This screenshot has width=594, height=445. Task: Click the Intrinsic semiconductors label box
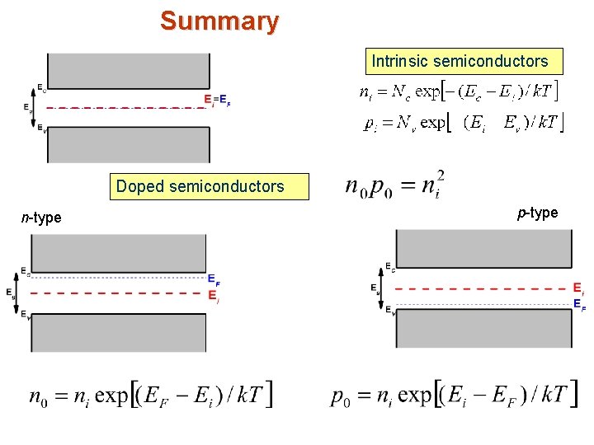point(460,61)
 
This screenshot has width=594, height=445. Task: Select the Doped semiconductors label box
point(200,186)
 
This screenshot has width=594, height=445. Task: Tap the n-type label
point(41,218)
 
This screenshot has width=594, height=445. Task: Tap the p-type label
point(537,213)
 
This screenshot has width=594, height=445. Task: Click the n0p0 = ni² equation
point(395,185)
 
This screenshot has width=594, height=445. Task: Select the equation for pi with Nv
point(462,123)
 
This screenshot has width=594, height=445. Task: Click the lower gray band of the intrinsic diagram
point(129,145)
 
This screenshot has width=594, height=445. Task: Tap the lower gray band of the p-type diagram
point(483,329)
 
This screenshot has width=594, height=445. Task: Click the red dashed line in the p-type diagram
point(483,289)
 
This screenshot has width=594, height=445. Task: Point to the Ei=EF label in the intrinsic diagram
point(217,100)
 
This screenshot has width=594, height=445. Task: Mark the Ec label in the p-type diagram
point(389,267)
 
